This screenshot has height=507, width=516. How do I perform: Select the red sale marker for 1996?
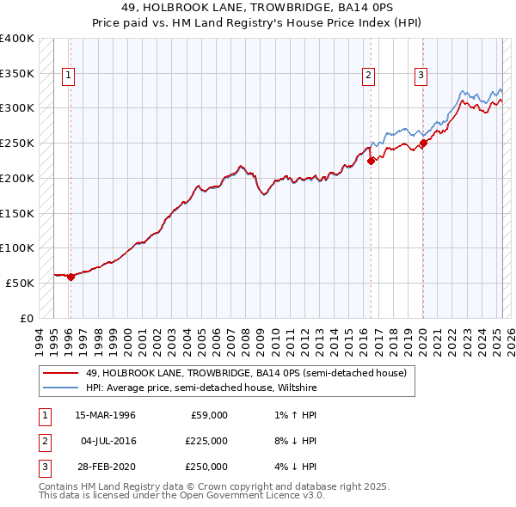pos(71,276)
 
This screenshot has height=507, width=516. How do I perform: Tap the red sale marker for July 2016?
pos(371,160)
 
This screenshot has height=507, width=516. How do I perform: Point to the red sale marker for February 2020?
pos(423,143)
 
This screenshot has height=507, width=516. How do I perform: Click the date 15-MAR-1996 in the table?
pos(106,415)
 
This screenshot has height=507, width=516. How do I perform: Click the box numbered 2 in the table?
pos(44,441)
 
